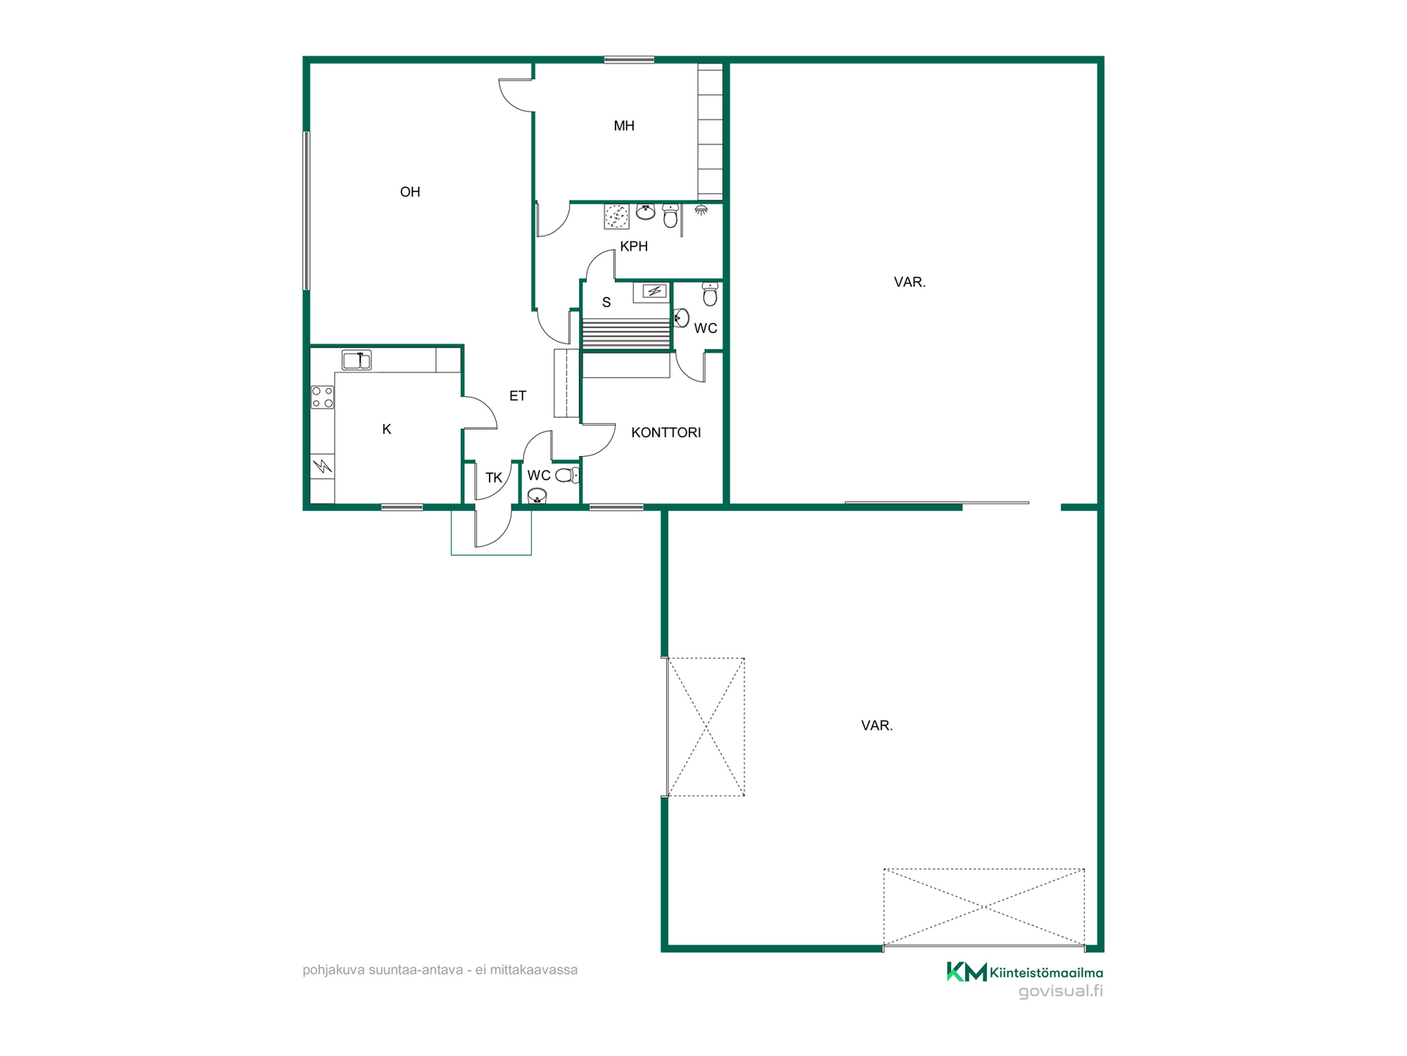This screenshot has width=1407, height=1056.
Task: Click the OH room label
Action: (x=410, y=192)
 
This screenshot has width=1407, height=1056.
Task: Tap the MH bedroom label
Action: (x=624, y=126)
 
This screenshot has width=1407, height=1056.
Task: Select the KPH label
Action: (x=634, y=246)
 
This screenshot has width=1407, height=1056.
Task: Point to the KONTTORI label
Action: (x=666, y=433)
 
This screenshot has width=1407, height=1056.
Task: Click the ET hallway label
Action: (x=517, y=396)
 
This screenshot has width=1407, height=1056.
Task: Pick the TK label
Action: (x=494, y=478)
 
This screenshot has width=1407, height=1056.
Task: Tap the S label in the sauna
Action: (x=606, y=302)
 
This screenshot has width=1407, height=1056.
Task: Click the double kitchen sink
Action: (x=356, y=360)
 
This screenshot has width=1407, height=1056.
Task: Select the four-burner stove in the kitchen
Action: (x=322, y=397)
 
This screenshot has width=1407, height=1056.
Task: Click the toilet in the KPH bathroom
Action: (x=671, y=216)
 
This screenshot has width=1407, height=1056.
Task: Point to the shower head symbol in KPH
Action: (x=701, y=210)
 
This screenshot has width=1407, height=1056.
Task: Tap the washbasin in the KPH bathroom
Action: (x=646, y=212)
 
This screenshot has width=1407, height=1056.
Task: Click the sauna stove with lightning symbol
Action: (x=654, y=292)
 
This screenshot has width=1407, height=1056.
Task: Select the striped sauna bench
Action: (x=626, y=333)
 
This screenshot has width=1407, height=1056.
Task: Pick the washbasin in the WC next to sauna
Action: (x=682, y=318)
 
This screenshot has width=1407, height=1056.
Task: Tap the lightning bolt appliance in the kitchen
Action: (x=322, y=466)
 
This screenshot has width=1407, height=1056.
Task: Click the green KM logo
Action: (x=967, y=972)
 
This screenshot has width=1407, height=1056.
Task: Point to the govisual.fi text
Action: (x=1060, y=991)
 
